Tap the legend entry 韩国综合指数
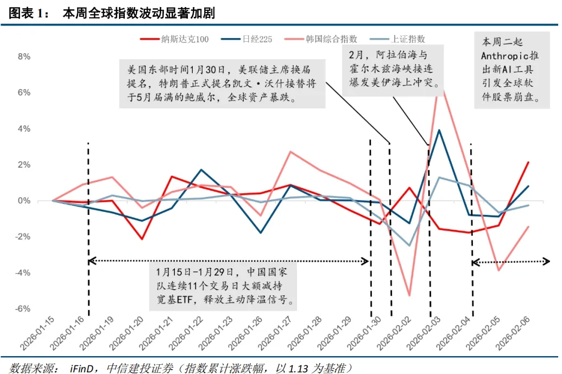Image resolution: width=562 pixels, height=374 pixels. [331, 39]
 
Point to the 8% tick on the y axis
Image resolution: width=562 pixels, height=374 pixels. [24, 57]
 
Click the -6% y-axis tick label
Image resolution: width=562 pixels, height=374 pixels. [23, 309]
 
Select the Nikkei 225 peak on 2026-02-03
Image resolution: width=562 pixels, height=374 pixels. [439, 130]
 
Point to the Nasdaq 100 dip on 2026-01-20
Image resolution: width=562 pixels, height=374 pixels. [142, 239]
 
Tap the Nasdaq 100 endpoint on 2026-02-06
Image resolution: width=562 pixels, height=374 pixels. [528, 162]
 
